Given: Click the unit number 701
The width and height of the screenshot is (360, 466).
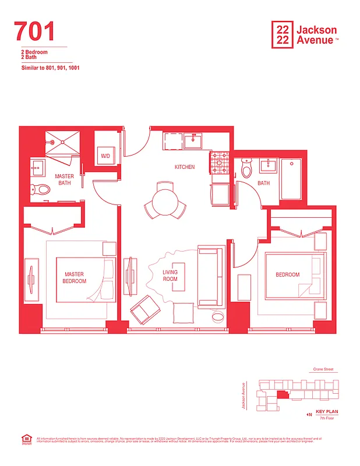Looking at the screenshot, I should [x=35, y=31].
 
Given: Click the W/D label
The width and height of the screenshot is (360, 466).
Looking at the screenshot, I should [x=105, y=156].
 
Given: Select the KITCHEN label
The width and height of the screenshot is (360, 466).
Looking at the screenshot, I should [x=185, y=167].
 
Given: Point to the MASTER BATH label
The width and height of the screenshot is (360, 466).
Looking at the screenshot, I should [x=64, y=179].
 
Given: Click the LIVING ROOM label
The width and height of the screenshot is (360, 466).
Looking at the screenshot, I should [x=170, y=276].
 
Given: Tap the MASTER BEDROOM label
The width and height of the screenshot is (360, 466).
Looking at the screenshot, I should [x=75, y=278].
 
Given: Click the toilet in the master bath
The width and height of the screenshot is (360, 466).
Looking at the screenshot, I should [x=41, y=189].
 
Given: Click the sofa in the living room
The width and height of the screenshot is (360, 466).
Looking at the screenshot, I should [x=210, y=277].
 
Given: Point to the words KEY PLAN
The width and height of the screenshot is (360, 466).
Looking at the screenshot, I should [x=327, y=412].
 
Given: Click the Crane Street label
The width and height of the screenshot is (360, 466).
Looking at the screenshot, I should [x=322, y=369].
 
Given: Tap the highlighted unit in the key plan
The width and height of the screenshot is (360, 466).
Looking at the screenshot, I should [x=282, y=394].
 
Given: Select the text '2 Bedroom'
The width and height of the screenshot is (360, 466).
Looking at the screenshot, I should [x=33, y=52].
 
